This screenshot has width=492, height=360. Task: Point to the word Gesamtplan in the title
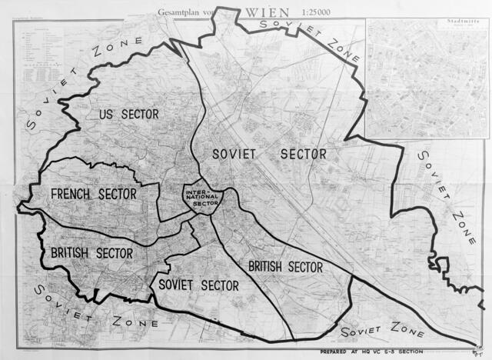click(x=175, y=12)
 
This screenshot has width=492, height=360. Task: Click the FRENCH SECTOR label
click(x=94, y=194)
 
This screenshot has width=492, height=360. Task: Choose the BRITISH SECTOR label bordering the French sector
click(x=92, y=252)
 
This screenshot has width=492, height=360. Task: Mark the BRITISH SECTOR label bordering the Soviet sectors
click(x=284, y=267)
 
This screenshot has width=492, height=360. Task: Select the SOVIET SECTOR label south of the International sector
click(x=198, y=285)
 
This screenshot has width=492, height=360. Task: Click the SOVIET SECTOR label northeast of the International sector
click(x=271, y=154)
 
